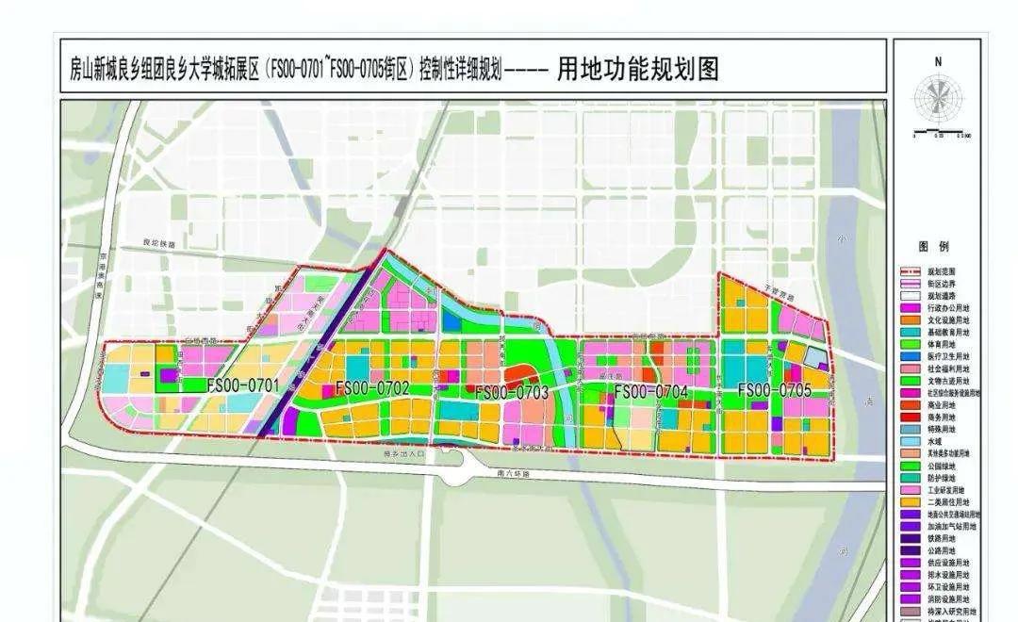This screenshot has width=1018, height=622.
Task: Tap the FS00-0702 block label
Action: point(371,387)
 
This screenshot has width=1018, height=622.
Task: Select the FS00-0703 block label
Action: point(511,392)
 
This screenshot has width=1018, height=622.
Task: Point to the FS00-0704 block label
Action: point(650,391)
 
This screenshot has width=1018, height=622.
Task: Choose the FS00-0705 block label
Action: point(775,389)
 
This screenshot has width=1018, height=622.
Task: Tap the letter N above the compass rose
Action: point(938,61)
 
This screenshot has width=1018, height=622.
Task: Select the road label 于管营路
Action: point(776,295)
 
